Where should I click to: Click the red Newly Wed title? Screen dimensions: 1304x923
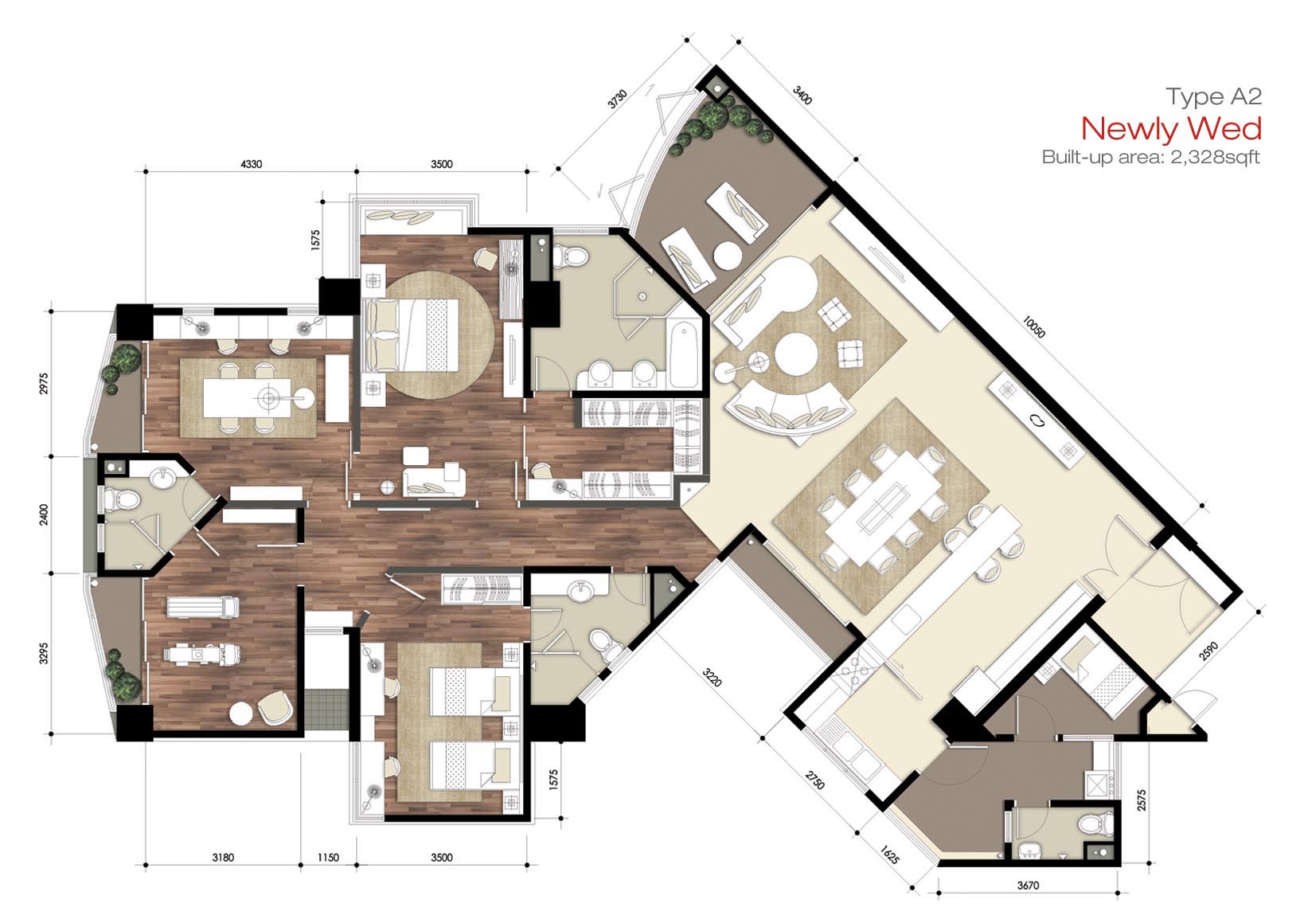point(1171,129)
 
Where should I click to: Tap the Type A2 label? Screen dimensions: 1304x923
point(1214,96)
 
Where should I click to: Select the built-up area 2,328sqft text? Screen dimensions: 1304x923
point(1151,157)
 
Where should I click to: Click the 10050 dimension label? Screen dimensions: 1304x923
point(1034,327)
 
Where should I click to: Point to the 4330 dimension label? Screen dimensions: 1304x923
point(251,164)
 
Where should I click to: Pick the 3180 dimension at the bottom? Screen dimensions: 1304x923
point(223,857)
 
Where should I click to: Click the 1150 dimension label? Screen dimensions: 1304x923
point(328,857)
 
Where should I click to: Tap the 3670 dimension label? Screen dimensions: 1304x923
point(1028,885)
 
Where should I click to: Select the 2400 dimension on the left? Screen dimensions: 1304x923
point(44,514)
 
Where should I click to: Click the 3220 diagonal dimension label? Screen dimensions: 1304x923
point(712,677)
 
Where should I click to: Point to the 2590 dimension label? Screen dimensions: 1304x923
point(1208,651)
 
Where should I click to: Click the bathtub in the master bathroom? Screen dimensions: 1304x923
point(685,354)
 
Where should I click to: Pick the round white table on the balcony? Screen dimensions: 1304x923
point(728,255)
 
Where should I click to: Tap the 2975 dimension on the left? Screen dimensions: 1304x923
point(44,383)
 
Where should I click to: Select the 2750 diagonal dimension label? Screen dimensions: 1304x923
point(815,779)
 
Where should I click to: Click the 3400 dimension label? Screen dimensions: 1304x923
point(802,95)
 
